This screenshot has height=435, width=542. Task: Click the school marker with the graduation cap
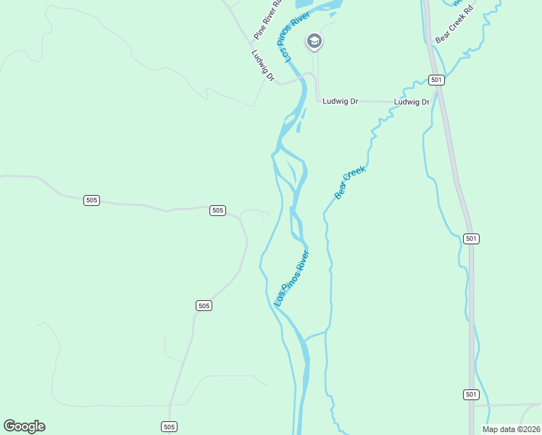click(314, 41)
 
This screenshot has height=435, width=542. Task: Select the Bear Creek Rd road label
click(454, 24)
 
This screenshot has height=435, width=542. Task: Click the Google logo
click(24, 426)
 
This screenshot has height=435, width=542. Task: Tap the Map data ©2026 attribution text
click(511, 429)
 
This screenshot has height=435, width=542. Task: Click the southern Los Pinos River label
click(291, 278)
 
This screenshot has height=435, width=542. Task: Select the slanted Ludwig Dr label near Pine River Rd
click(262, 66)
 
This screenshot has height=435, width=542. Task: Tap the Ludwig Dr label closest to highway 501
click(412, 102)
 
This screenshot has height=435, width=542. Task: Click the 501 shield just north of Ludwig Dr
click(435, 80)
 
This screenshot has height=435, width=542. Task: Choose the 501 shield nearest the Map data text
click(471, 394)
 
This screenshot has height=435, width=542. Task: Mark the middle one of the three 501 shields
click(471, 239)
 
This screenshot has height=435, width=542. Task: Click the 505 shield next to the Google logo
click(169, 427)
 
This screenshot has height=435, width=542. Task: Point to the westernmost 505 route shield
click(91, 200)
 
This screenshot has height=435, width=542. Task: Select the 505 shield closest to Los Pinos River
click(217, 210)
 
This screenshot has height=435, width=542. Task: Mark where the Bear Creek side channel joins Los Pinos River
click(305, 339)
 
